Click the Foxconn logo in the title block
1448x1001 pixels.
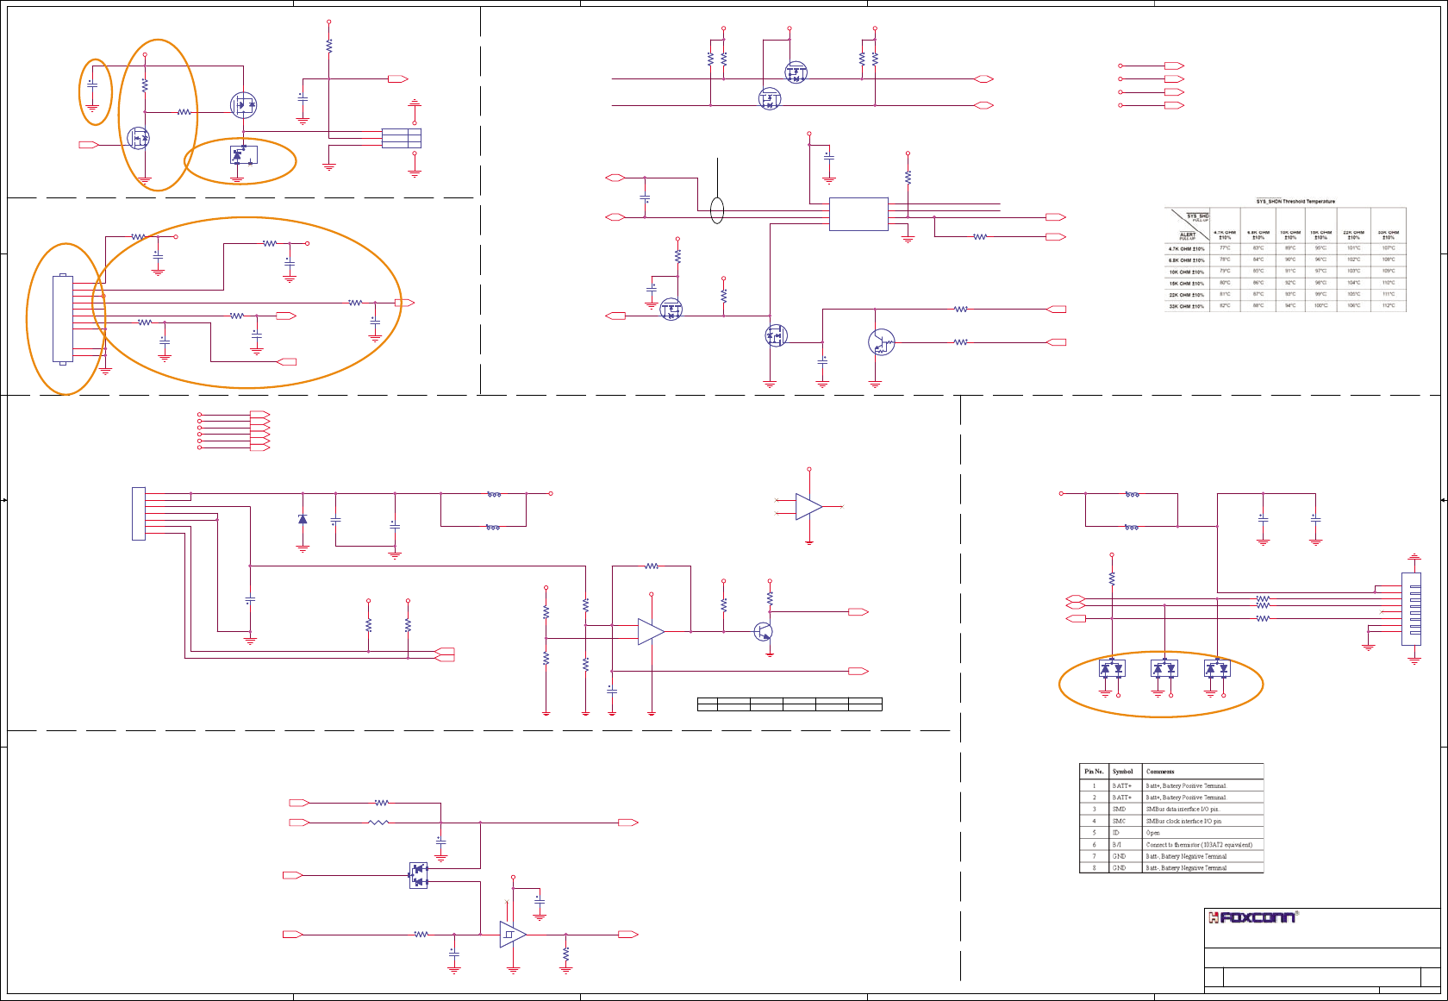tap(1251, 917)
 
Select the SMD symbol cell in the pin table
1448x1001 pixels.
tap(1119, 810)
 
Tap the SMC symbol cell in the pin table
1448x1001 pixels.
tap(1119, 822)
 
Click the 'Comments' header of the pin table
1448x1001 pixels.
tap(1160, 772)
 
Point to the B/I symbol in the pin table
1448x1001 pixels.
tap(1117, 845)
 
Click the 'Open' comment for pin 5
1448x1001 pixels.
tap(1153, 833)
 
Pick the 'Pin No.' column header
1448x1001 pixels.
tap(1094, 772)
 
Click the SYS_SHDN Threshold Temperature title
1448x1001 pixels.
tap(1295, 202)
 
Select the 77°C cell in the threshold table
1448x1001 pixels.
tap(1225, 248)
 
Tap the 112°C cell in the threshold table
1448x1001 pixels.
tap(1389, 306)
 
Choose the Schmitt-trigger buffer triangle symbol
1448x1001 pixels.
tap(512, 935)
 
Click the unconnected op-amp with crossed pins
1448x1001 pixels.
tap(808, 507)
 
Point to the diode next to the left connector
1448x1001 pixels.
tap(303, 519)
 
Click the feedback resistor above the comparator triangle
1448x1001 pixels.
tap(652, 566)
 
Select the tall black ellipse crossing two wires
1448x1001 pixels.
tap(717, 210)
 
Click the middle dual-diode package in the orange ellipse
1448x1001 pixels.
tap(1164, 668)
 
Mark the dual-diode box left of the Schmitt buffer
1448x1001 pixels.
tap(419, 875)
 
